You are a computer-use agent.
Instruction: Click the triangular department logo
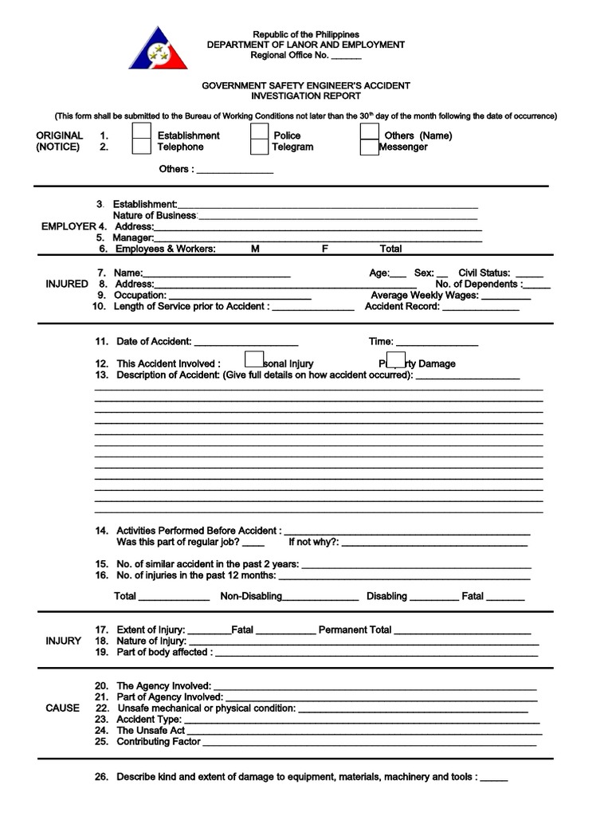pos(157,49)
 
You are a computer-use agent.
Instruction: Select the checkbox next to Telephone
pos(141,147)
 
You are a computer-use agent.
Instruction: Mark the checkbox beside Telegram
pos(259,147)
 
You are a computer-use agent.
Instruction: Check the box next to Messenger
pos(369,147)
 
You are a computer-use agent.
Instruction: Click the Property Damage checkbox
pos(396,361)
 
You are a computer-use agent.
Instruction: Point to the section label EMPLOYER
pos(68,226)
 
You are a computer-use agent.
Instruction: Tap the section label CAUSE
pos(62,708)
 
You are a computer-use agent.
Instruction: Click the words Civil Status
pos(484,273)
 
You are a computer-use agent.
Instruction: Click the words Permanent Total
pos(355,630)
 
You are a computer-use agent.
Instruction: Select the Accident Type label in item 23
pos(149,719)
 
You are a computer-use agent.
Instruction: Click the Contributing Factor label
pos(159,741)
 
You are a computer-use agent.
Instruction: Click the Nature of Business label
pos(155,215)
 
